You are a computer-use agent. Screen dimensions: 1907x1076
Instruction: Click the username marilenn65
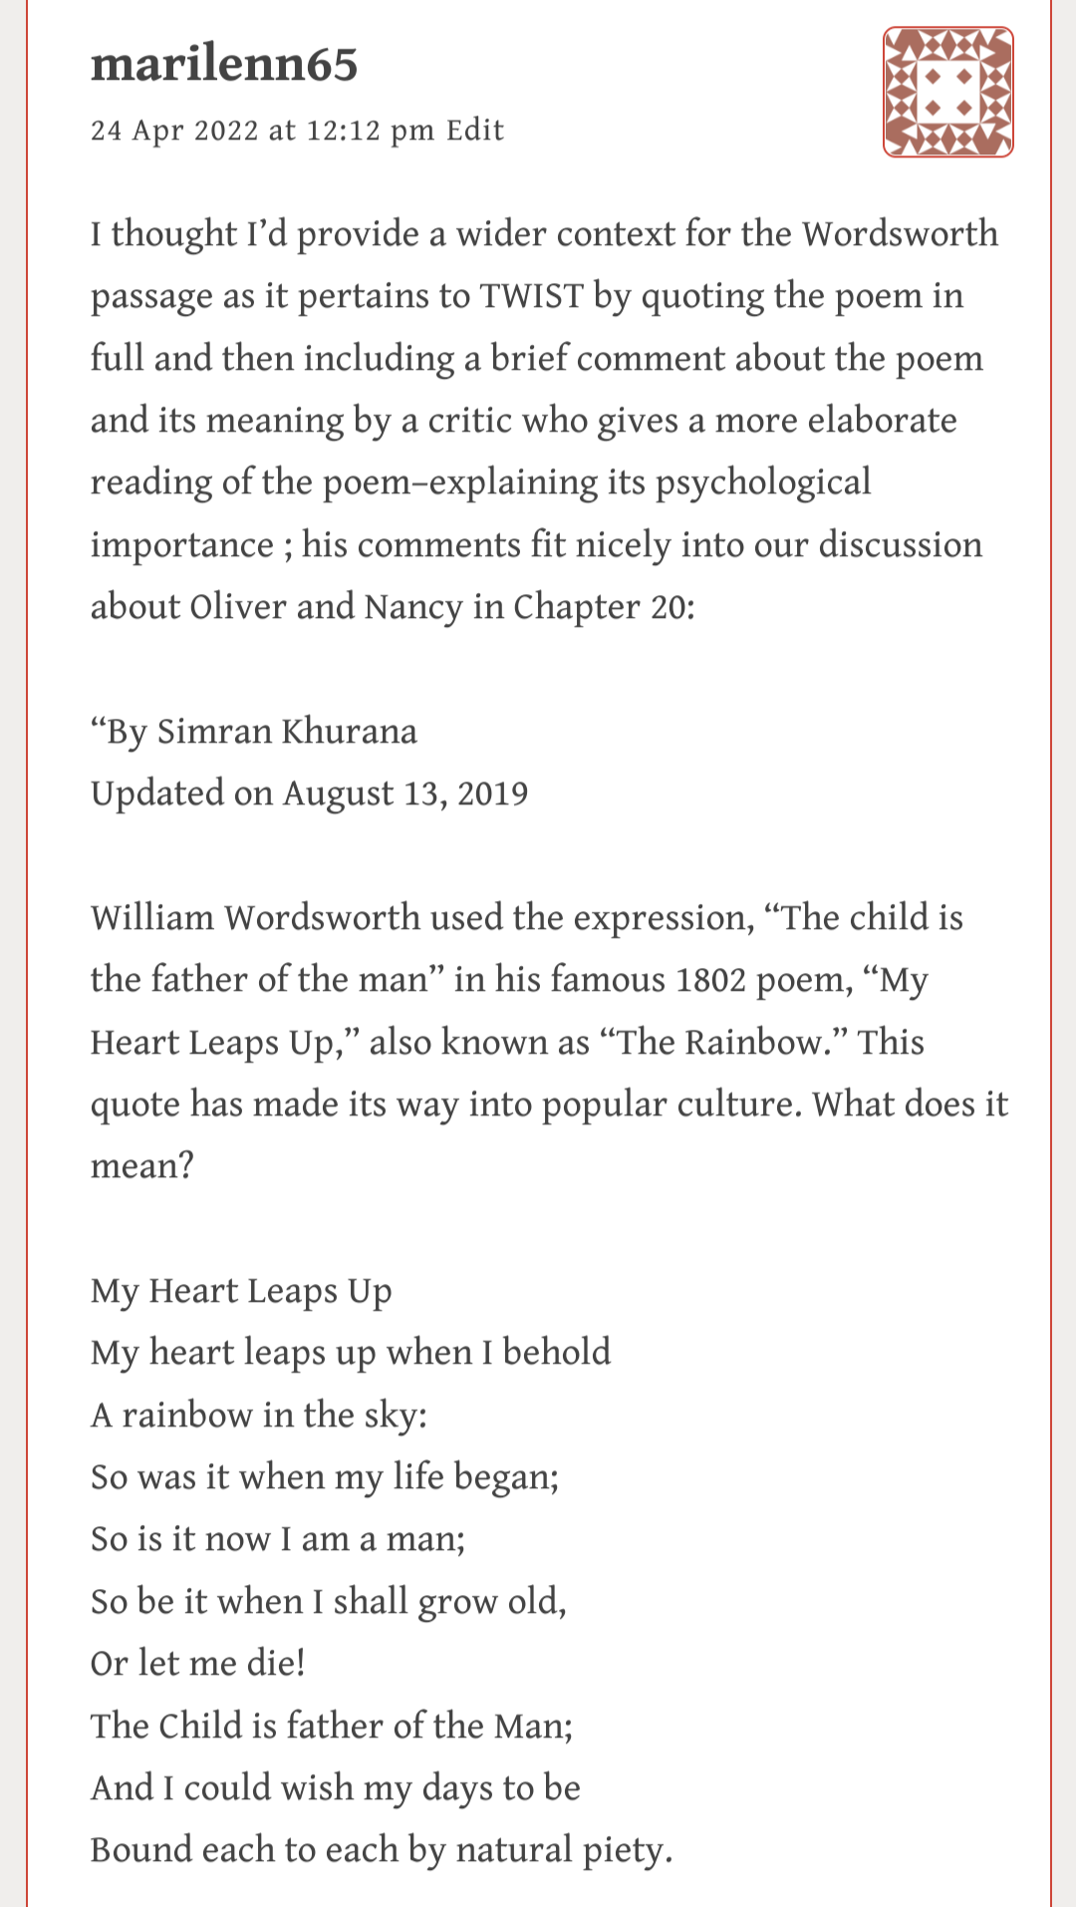223,65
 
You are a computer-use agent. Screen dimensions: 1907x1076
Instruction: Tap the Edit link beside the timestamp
475,131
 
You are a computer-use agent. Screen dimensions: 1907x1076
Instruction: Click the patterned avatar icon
947,92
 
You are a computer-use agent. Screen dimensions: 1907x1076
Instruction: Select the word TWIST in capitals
531,296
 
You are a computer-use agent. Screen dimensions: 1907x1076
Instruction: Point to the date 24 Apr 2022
174,131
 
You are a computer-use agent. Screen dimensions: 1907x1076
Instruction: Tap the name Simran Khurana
287,732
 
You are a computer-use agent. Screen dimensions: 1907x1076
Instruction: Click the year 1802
710,980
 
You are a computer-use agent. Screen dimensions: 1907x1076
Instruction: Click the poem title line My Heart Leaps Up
241,1291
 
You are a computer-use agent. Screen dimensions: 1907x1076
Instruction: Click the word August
339,794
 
